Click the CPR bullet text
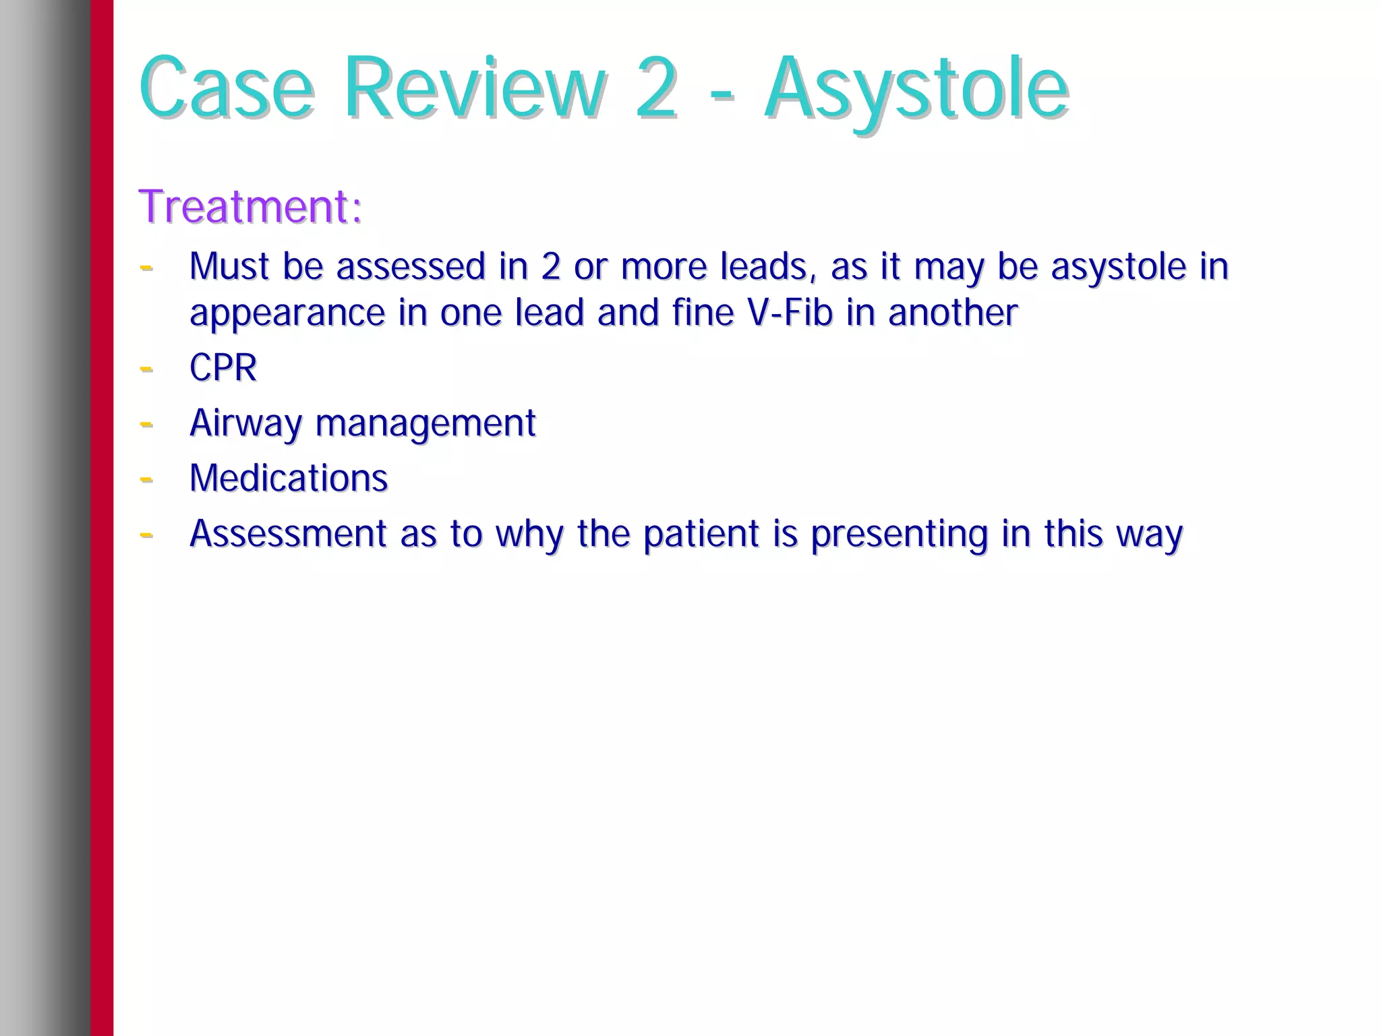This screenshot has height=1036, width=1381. [223, 368]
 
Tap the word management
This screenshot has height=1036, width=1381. [425, 424]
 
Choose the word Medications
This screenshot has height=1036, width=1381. [289, 479]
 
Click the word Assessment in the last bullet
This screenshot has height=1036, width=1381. [288, 534]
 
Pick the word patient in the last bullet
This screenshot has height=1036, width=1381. [701, 534]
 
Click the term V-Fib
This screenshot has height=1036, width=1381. [790, 313]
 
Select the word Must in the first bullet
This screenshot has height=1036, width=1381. [229, 266]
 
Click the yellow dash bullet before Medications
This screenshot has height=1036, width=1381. [146, 479]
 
